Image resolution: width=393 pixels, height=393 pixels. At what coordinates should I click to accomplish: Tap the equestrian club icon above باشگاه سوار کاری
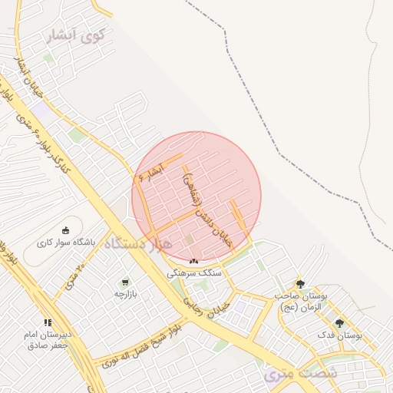coord(65,230)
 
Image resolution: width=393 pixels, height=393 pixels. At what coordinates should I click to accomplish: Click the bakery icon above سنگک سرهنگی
coord(193,263)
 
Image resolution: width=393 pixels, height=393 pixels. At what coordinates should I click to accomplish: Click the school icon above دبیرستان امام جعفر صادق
coord(48,323)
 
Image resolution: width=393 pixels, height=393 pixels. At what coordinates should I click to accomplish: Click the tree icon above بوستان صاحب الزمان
coord(299,284)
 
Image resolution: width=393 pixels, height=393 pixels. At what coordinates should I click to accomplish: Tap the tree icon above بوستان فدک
coord(339,323)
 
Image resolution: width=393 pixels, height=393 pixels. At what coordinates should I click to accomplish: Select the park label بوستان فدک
coord(339,335)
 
